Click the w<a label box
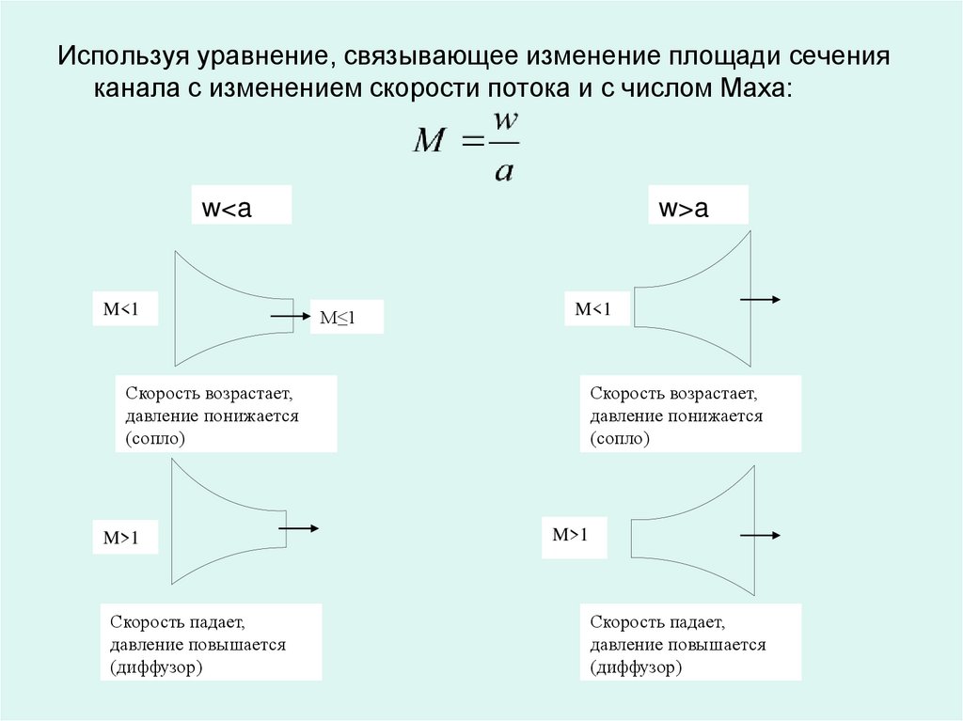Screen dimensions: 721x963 click(x=241, y=205)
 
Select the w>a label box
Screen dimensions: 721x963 click(x=697, y=205)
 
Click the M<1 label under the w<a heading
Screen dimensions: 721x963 click(x=124, y=309)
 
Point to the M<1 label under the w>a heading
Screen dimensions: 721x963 click(x=594, y=308)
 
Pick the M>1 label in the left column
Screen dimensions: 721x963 click(x=123, y=538)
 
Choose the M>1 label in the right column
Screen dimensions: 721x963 click(x=573, y=535)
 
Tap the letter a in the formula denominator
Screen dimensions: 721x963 click(x=503, y=170)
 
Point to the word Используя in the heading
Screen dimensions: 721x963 click(x=121, y=55)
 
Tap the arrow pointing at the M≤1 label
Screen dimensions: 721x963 click(x=291, y=317)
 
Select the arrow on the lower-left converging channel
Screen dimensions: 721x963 click(x=298, y=528)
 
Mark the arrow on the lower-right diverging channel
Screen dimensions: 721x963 click(x=760, y=536)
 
